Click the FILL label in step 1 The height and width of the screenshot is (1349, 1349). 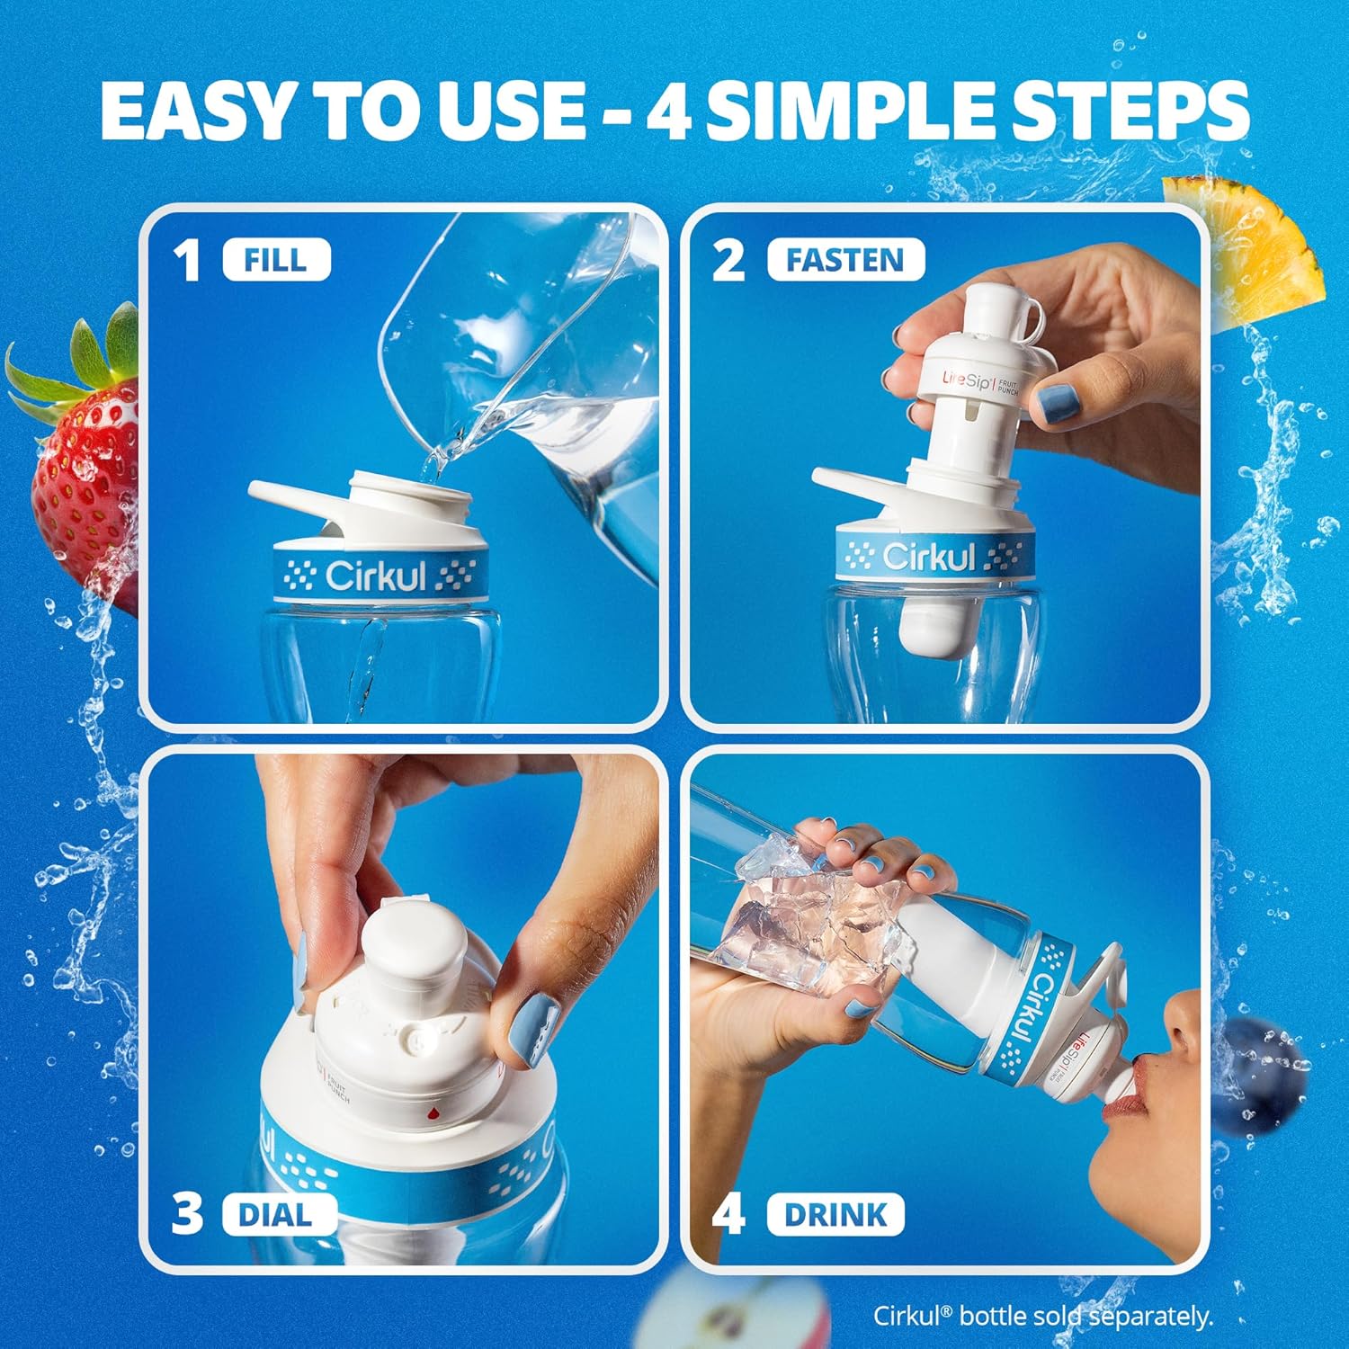[276, 261]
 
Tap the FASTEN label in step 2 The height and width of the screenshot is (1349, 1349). [844, 261]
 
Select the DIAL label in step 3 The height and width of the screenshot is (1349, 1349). [274, 1215]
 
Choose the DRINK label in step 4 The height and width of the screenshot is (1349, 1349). [835, 1215]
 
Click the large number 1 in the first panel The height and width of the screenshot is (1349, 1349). [186, 262]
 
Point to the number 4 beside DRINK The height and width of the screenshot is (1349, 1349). [728, 1215]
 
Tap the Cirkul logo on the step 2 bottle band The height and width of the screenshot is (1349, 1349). [929, 558]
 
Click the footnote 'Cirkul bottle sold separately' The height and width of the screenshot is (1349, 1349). [1043, 1316]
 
